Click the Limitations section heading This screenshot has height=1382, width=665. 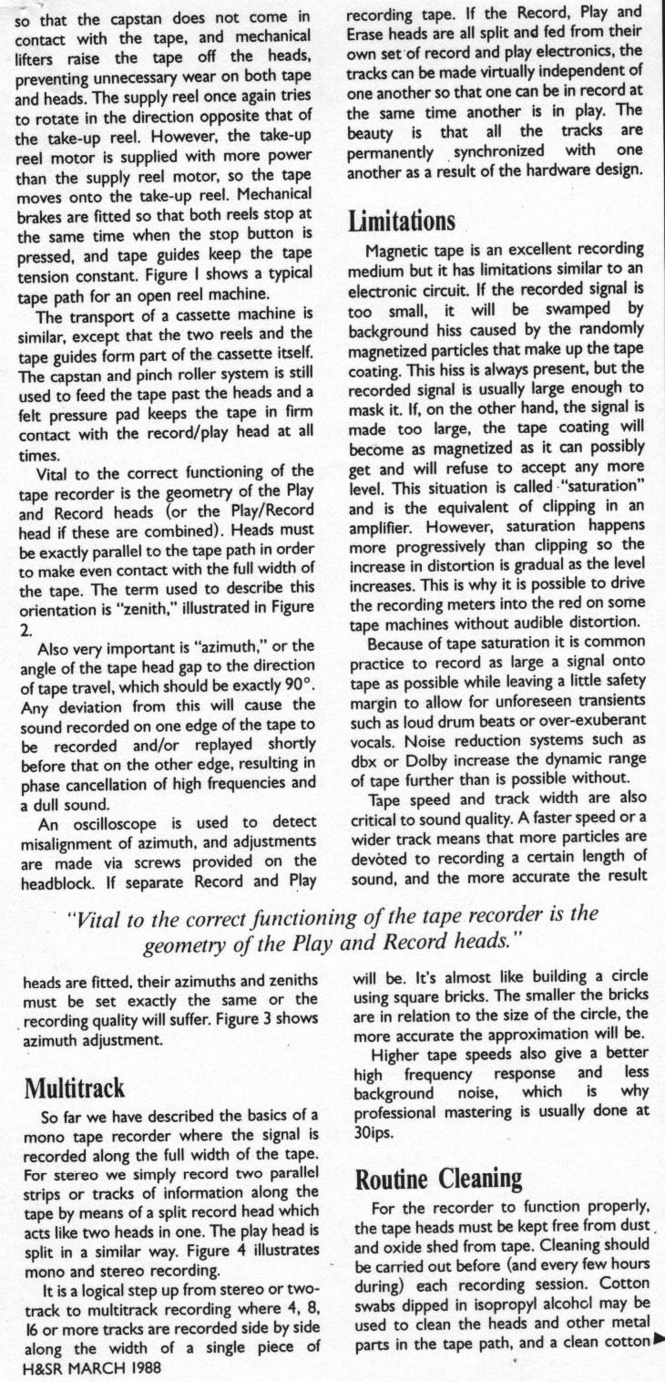402,222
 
